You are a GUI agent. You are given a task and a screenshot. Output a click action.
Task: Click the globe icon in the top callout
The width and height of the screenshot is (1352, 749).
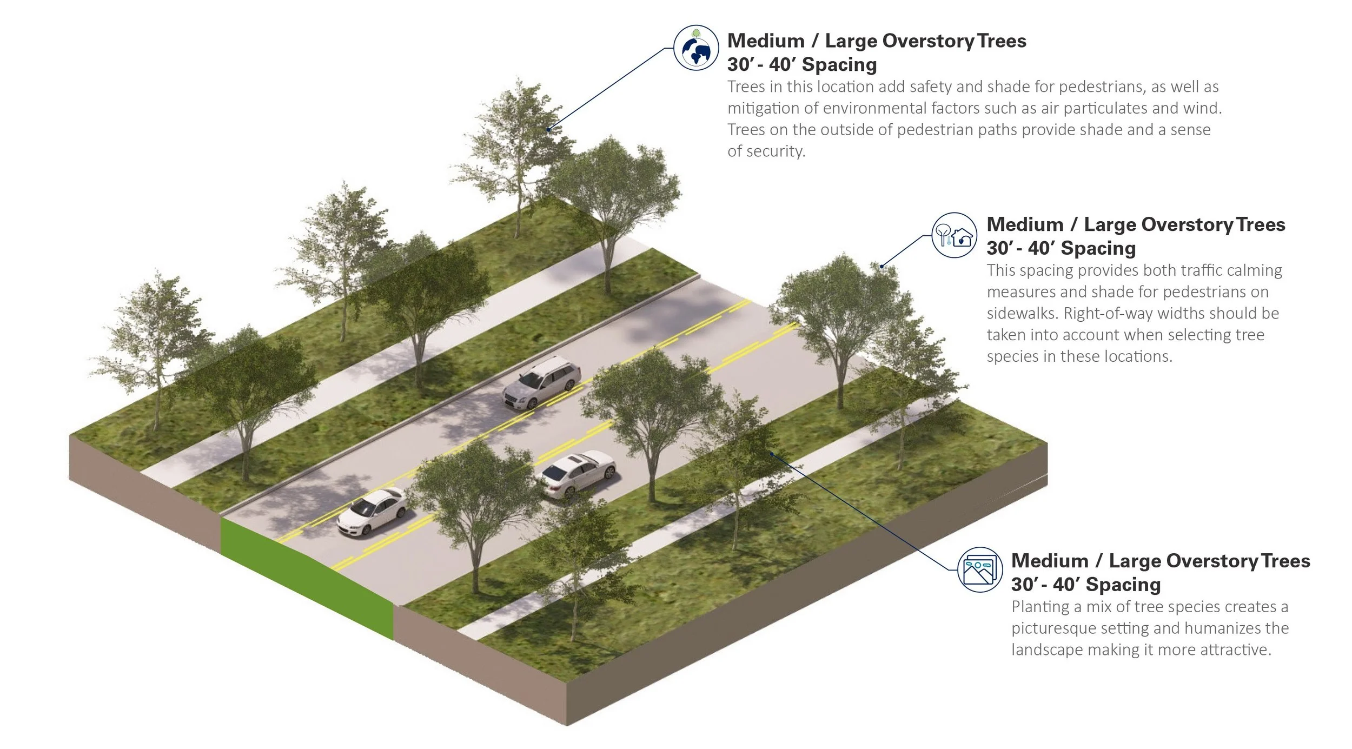pos(696,48)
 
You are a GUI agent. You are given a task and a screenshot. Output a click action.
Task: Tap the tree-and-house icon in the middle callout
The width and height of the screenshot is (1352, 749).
pos(954,235)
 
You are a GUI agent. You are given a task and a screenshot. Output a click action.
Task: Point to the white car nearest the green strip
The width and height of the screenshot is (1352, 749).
pos(372,511)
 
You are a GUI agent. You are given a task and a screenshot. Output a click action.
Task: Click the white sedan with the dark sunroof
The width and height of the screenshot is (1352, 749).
pos(575,474)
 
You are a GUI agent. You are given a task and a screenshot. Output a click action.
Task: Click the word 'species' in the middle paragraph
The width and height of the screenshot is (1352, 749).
pos(1012,356)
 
